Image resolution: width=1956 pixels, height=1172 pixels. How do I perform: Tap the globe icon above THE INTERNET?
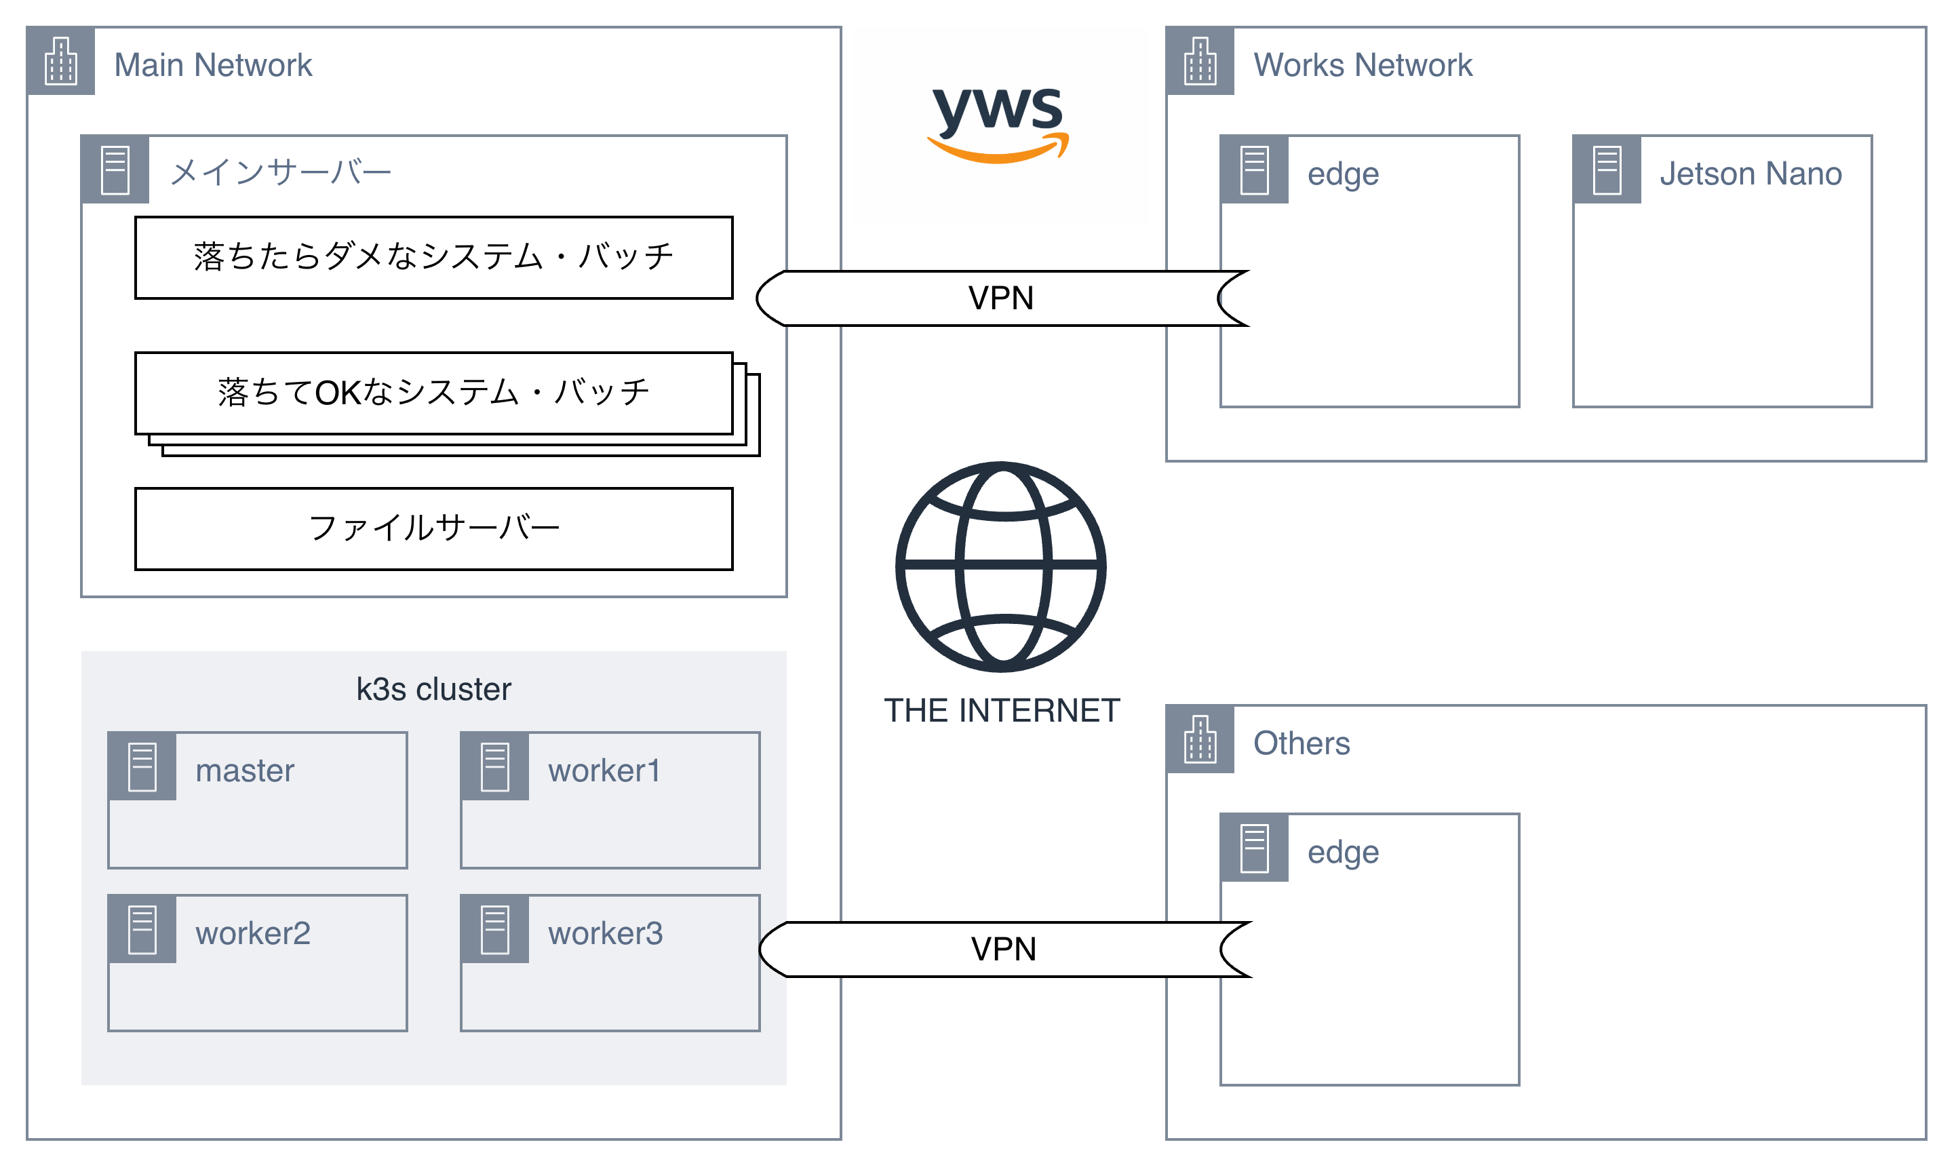(x=1000, y=566)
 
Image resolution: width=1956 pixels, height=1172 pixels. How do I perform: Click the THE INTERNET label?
(x=1001, y=710)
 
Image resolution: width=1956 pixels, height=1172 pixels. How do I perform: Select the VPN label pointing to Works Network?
(x=1000, y=298)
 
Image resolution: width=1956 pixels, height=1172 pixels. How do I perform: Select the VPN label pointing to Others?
(x=1003, y=948)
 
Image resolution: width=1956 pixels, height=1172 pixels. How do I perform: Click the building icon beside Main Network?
(x=61, y=61)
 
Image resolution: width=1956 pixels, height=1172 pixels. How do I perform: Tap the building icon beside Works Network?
(x=1200, y=61)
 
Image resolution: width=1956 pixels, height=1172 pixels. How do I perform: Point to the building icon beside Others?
(x=1200, y=739)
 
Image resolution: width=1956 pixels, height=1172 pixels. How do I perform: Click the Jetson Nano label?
(x=1750, y=173)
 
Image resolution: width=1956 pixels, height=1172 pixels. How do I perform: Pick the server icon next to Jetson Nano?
(x=1606, y=170)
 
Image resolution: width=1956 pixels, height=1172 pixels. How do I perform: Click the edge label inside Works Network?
(x=1342, y=174)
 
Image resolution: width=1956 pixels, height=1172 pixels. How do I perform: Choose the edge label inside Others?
(x=1342, y=852)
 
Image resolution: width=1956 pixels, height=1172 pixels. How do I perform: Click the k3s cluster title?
(x=433, y=688)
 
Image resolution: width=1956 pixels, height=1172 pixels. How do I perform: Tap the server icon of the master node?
(x=142, y=766)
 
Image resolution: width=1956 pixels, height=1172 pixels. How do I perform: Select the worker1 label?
(x=604, y=770)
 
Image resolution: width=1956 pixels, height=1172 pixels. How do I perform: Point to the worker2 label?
(x=253, y=933)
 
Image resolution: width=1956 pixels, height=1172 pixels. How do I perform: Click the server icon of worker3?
(x=494, y=930)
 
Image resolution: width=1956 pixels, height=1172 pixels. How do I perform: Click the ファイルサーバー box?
(x=433, y=528)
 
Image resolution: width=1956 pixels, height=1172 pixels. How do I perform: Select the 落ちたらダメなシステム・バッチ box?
(x=433, y=258)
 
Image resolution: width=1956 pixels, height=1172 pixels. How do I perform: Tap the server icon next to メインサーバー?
(x=115, y=170)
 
